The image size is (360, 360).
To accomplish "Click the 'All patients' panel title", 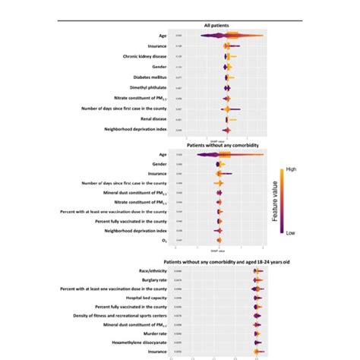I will pos(219,26).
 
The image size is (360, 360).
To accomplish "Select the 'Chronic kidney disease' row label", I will pos(145,56).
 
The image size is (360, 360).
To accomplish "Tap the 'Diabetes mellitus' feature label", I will pos(149,77).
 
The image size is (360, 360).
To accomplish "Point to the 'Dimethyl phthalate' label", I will pos(148,87).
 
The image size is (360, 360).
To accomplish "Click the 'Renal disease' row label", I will pos(153,119).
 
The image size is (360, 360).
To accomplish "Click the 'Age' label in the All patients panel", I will pos(163,35).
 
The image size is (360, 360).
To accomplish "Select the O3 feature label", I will pos(164,240).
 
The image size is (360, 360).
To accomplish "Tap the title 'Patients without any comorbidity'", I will pos(219,144).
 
